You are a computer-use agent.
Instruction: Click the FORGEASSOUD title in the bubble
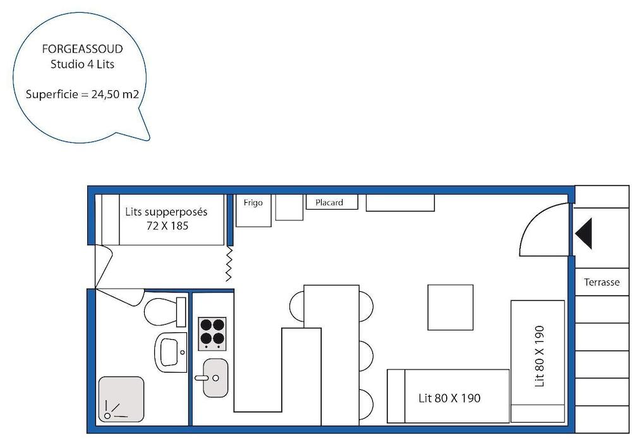(x=82, y=49)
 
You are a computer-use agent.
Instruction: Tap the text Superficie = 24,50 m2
(x=82, y=94)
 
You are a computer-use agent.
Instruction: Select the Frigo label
(x=253, y=203)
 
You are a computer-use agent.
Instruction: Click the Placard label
(x=329, y=203)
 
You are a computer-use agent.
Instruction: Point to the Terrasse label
(x=602, y=282)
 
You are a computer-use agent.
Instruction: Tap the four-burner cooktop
(x=212, y=334)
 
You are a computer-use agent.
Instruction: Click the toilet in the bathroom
(x=165, y=312)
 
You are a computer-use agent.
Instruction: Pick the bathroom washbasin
(x=171, y=352)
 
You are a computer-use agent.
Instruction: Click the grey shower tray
(x=121, y=400)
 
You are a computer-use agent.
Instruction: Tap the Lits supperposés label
(x=166, y=212)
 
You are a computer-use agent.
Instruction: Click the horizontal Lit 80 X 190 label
(x=449, y=399)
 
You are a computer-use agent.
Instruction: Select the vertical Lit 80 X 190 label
(x=539, y=356)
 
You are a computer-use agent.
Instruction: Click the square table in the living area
(x=450, y=307)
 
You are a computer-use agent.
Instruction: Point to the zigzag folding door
(x=229, y=264)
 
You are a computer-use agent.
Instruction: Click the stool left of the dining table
(x=296, y=306)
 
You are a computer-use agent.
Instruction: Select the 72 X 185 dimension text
(x=167, y=226)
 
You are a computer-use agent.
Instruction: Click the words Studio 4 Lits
(x=82, y=64)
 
